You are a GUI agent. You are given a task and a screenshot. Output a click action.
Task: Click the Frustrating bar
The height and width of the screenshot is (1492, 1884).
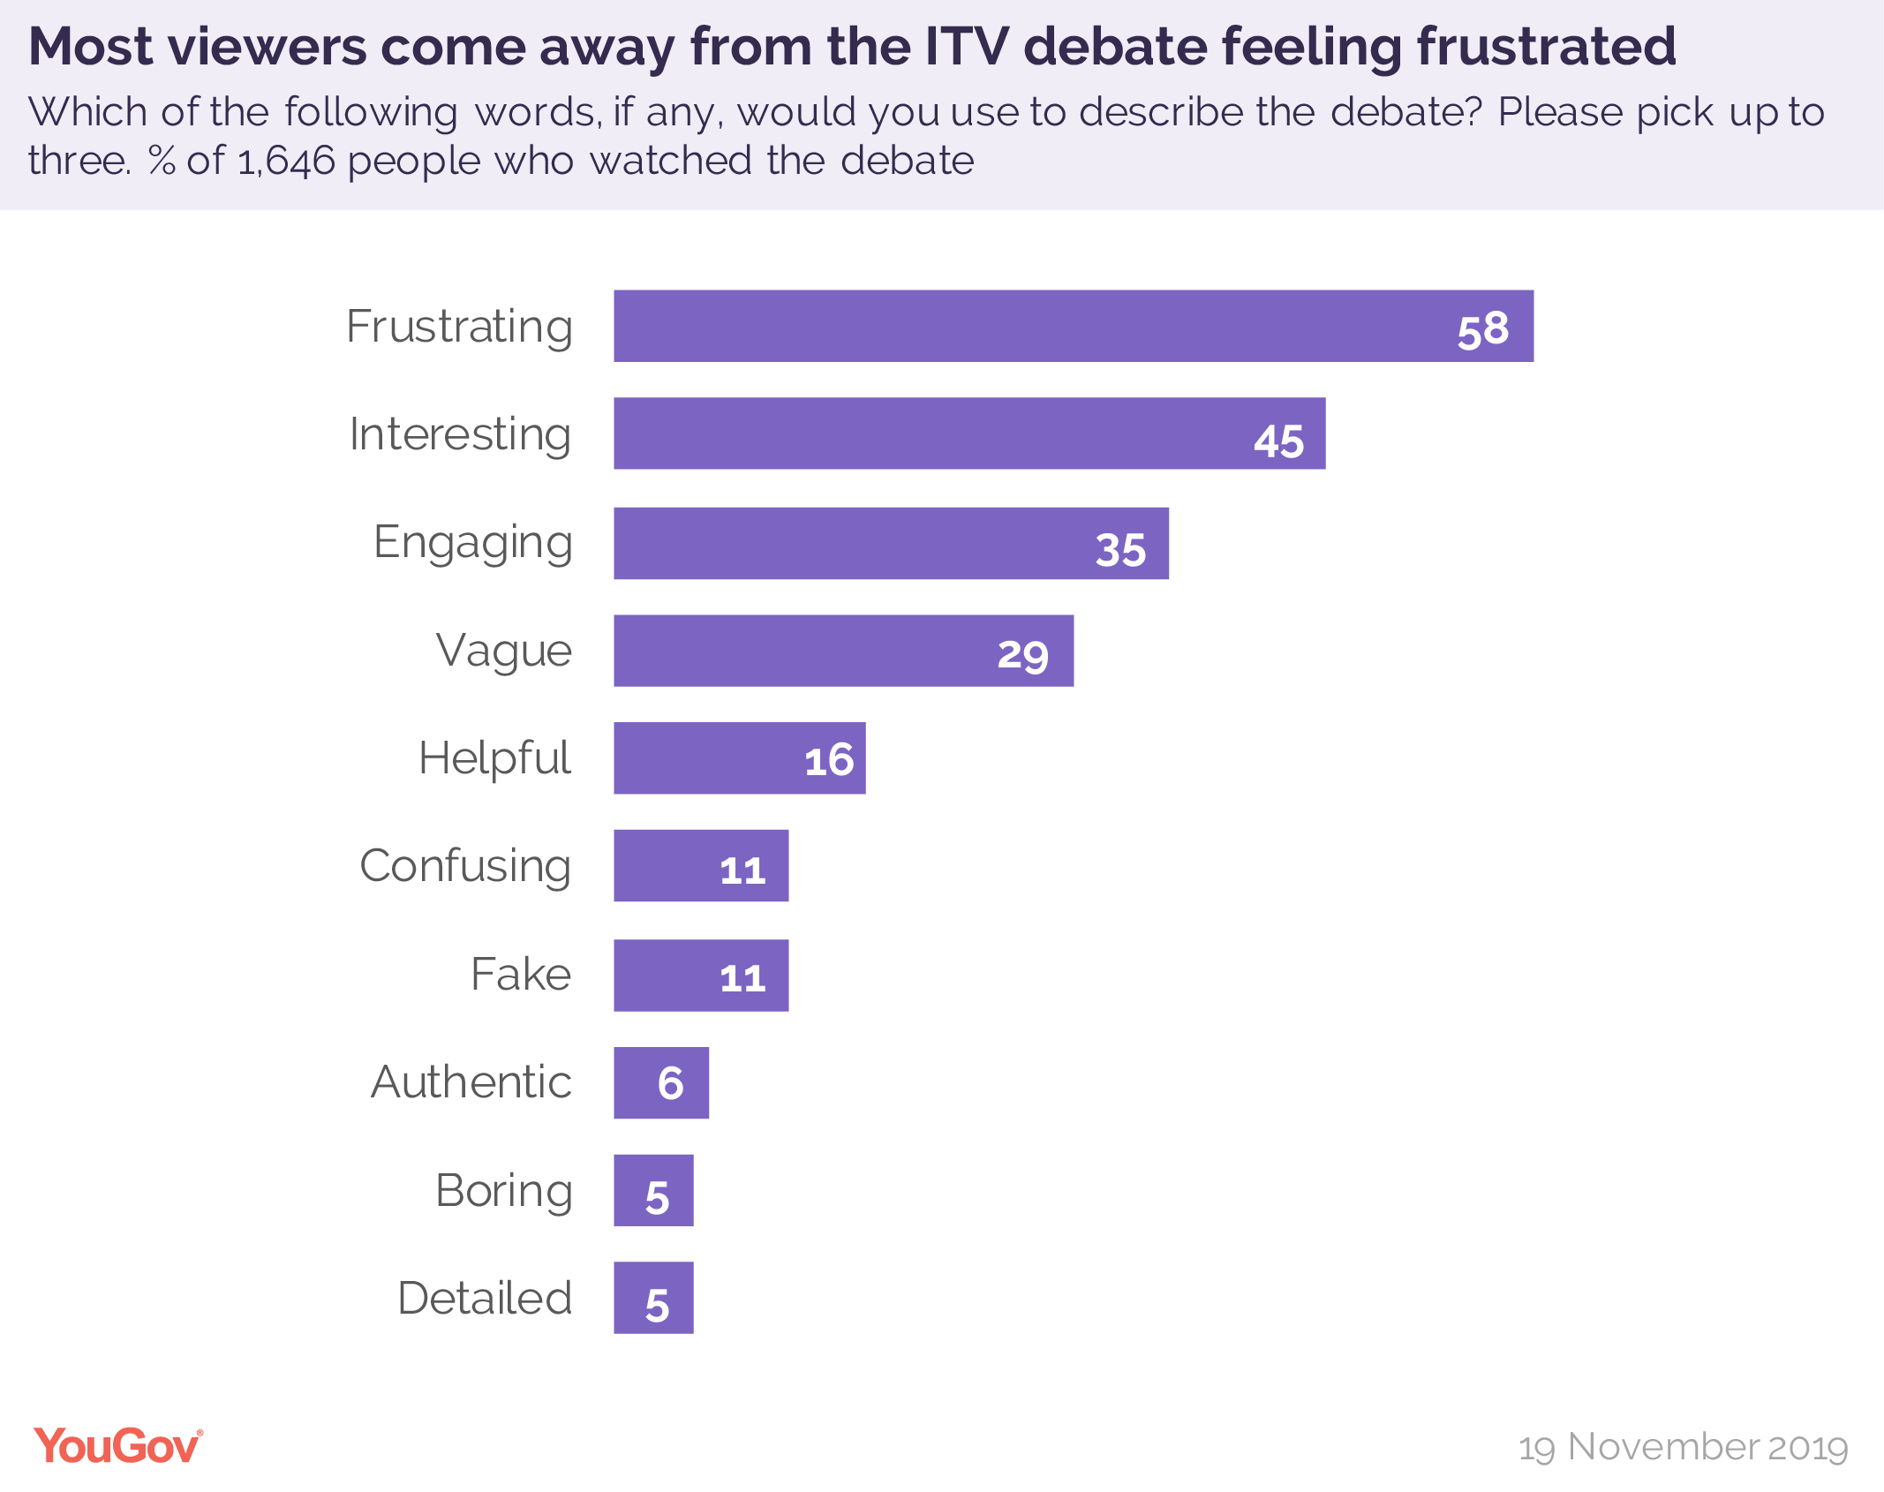pos(1073,326)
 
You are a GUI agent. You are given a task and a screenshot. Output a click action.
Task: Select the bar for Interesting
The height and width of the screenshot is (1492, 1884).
pos(968,433)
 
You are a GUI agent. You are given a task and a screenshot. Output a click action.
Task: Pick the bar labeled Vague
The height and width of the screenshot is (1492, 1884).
pos(843,651)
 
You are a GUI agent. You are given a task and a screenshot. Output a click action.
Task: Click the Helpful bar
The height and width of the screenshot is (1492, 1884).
pos(739,758)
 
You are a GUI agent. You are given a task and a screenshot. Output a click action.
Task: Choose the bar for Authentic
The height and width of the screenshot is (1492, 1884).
pos(660,1082)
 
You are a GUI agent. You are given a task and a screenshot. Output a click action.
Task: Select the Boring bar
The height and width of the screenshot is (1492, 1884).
pos(653,1190)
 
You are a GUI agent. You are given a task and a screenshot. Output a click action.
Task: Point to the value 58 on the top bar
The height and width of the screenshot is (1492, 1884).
pos(1482,329)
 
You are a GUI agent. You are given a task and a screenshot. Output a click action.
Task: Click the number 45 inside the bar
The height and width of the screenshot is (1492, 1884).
pos(1278,441)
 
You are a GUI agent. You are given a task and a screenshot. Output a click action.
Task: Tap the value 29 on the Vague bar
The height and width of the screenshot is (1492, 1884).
pos(1022,655)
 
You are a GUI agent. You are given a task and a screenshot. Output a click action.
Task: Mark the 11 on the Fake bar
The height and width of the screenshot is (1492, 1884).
pos(742,978)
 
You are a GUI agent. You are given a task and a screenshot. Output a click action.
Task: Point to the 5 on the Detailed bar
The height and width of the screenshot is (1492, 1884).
pos(657,1305)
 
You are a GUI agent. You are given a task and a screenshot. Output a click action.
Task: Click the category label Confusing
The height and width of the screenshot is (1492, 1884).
pos(465,866)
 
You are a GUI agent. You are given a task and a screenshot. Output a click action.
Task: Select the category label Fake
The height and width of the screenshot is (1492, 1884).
pos(521,975)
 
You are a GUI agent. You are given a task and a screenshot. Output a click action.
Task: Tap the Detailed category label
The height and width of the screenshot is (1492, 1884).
pos(485,1298)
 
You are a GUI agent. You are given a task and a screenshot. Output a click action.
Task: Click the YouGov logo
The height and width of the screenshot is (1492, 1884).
pos(118,1446)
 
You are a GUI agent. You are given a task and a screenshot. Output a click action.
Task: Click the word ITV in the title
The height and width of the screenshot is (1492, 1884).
pos(966,46)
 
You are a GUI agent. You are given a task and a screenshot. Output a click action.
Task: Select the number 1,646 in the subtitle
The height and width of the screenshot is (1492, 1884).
pos(287,162)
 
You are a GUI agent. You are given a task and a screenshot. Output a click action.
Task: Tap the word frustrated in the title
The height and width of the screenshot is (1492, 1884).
pos(1546,46)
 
